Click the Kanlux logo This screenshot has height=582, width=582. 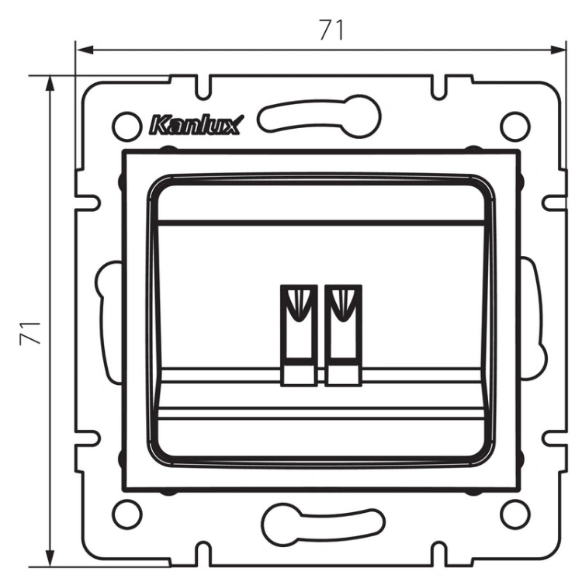pyautogui.click(x=196, y=125)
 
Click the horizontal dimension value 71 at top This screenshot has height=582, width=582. pyautogui.click(x=331, y=29)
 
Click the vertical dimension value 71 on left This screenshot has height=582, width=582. pyautogui.click(x=30, y=333)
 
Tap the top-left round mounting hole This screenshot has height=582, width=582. pyautogui.click(x=127, y=126)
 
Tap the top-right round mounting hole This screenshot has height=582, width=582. pyautogui.click(x=514, y=126)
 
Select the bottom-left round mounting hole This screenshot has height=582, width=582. pyautogui.click(x=127, y=514)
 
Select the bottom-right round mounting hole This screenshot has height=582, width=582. pyautogui.click(x=514, y=514)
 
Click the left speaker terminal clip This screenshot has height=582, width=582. pyautogui.click(x=300, y=335)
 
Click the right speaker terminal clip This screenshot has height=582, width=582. pyautogui.click(x=343, y=335)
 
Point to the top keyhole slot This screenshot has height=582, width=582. pyautogui.click(x=320, y=116)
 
